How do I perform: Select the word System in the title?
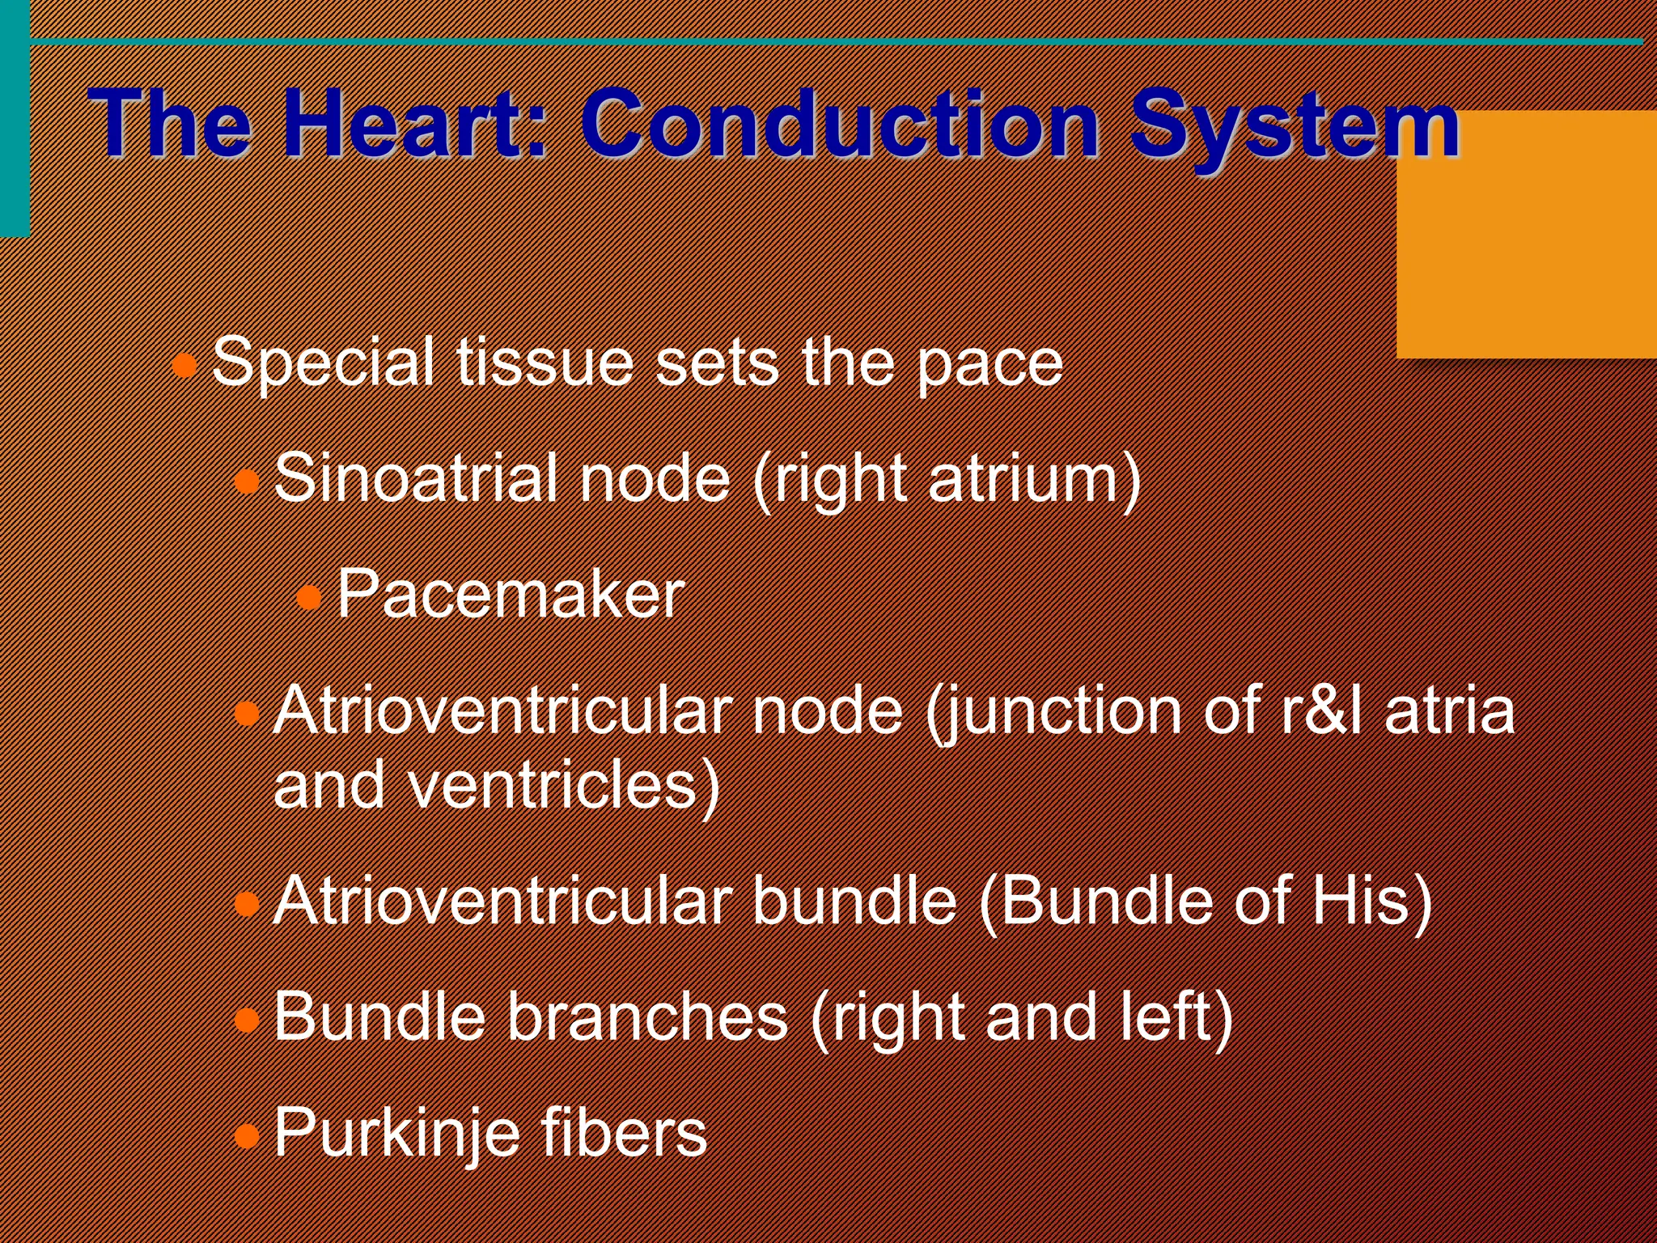(x=1295, y=125)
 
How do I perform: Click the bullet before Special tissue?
(x=185, y=365)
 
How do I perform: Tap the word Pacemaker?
(x=511, y=595)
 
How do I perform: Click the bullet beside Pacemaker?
(x=309, y=598)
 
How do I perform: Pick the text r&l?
(x=1322, y=711)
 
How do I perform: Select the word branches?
(x=647, y=1017)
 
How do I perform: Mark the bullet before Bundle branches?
(x=247, y=1020)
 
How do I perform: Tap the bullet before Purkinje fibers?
(x=247, y=1136)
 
